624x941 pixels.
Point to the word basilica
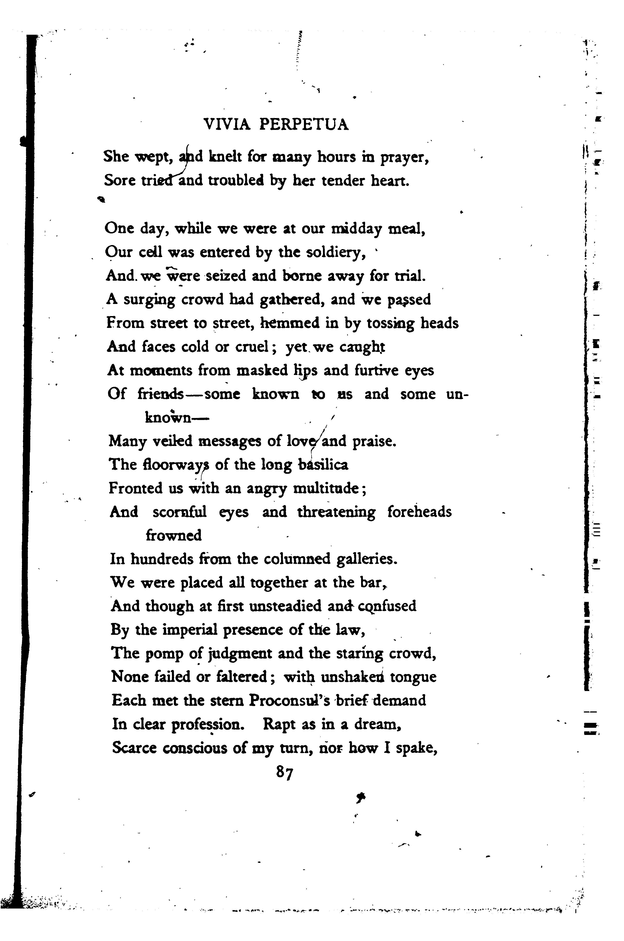pyautogui.click(x=323, y=465)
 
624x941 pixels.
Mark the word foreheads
pyautogui.click(x=419, y=512)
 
